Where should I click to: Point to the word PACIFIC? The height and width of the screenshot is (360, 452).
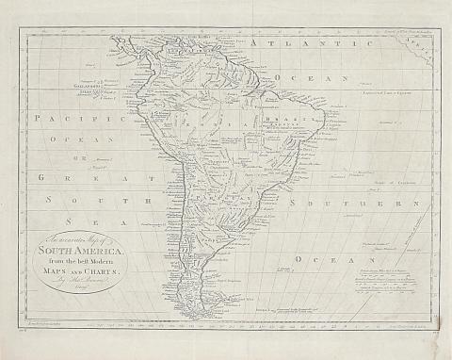78,119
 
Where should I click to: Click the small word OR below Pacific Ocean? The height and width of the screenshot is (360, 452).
79,157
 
